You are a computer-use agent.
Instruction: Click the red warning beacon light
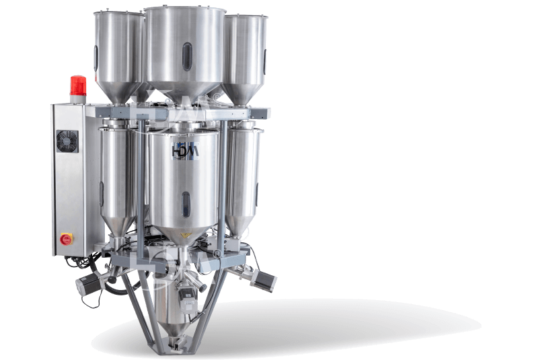(x=75, y=85)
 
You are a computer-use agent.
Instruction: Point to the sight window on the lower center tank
(x=185, y=201)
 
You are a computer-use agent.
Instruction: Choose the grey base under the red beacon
(x=75, y=99)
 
